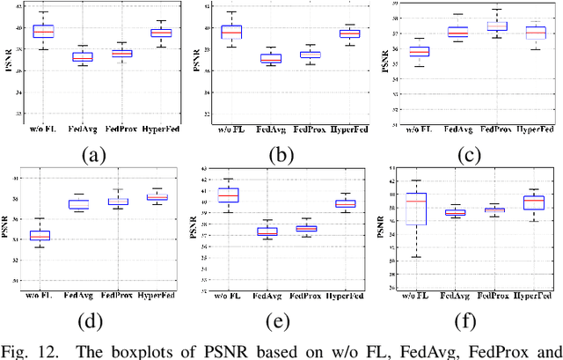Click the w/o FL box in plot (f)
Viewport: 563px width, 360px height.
[415, 209]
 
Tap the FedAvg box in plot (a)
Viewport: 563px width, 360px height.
[82, 57]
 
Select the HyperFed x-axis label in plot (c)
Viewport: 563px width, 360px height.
[536, 129]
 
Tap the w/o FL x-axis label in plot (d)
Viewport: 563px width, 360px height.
[40, 292]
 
